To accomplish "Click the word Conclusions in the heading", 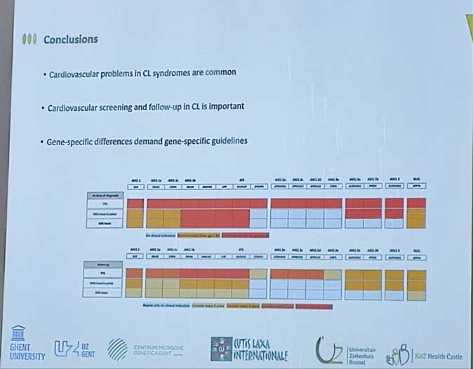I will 70,39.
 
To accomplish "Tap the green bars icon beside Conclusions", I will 29,39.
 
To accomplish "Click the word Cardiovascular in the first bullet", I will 76,73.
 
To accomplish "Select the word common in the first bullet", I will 218,73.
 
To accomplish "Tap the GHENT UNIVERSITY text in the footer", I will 27,351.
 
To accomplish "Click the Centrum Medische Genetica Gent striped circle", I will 118,349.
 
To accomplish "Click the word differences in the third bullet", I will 134,142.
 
